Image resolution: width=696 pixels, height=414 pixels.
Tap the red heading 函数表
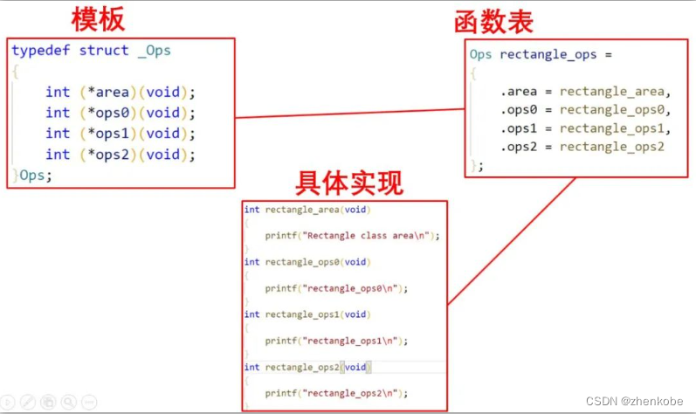coord(494,22)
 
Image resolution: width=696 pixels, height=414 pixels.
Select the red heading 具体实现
coord(349,183)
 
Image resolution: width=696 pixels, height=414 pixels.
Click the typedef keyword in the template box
coord(41,51)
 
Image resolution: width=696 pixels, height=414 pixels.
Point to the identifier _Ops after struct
coord(154,51)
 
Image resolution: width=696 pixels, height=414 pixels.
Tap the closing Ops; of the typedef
coord(35,176)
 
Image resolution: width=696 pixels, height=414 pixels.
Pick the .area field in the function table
coord(519,92)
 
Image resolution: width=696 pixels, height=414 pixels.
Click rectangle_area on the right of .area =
coord(613,92)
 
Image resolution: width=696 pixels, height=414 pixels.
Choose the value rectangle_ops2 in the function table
coord(611,146)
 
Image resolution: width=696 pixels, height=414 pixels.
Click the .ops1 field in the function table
coord(519,128)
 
